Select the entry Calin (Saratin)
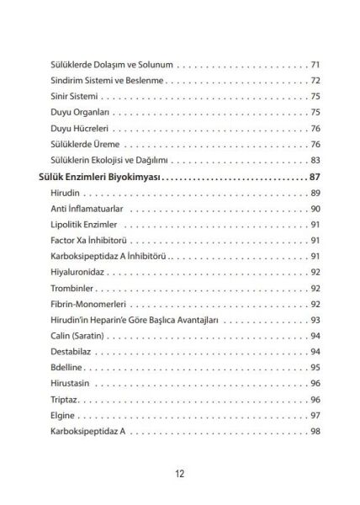coord(80,336)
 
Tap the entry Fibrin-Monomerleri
coord(87,304)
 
